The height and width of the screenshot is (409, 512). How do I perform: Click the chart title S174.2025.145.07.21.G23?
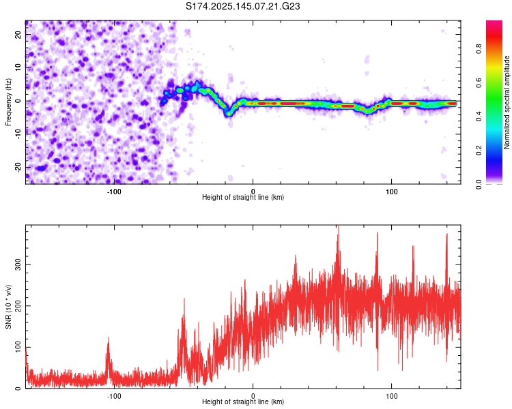point(242,6)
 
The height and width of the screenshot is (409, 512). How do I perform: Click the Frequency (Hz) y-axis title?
point(8,102)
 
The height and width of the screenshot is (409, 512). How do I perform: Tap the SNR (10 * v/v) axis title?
point(8,307)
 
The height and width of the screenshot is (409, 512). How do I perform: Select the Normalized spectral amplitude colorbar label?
point(507,102)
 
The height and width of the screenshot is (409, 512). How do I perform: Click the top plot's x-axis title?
point(243,197)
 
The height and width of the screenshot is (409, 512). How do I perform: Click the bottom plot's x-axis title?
point(243,402)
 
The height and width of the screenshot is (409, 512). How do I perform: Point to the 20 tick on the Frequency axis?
point(18,35)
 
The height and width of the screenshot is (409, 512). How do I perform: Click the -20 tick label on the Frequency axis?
point(18,168)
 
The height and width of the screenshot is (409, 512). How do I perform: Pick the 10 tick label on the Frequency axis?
point(18,67)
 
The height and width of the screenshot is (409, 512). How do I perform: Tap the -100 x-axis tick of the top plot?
point(114,192)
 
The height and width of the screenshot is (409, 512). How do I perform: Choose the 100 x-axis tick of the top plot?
point(392,192)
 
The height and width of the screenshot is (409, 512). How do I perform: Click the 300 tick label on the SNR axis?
point(18,265)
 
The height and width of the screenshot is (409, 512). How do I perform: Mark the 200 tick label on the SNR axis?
point(18,306)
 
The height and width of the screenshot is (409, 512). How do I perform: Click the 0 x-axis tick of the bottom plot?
point(253,396)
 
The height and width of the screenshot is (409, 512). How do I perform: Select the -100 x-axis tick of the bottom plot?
point(114,396)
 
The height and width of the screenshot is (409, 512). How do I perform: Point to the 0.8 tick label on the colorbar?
point(479,49)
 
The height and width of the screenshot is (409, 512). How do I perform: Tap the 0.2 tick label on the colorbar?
point(479,150)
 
